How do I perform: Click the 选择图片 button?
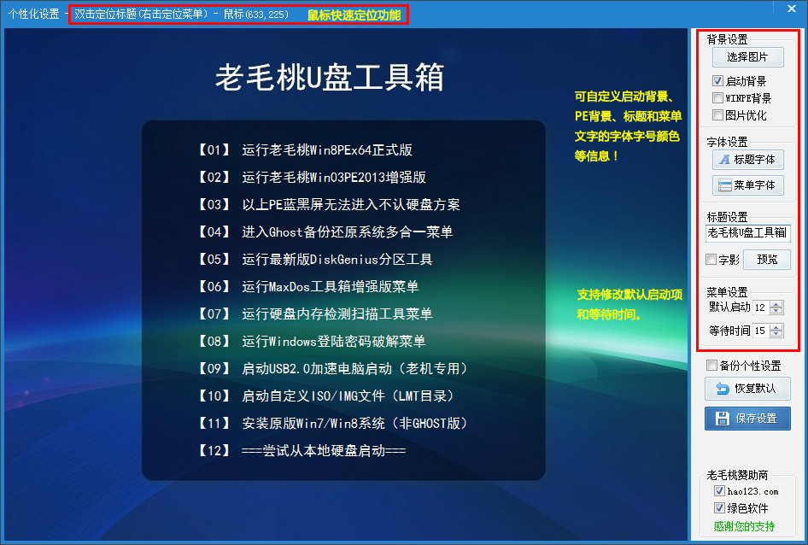click(x=747, y=56)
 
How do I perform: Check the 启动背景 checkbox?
click(x=717, y=81)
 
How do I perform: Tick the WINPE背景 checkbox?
click(x=717, y=98)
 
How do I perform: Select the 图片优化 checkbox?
click(x=717, y=115)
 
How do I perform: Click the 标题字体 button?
click(x=747, y=160)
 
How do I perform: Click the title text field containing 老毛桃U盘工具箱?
click(x=747, y=233)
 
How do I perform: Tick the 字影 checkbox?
click(x=711, y=259)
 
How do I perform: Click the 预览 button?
click(x=767, y=260)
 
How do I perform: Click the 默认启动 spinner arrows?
click(x=776, y=308)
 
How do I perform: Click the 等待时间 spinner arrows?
click(x=776, y=331)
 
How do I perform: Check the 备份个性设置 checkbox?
click(x=711, y=366)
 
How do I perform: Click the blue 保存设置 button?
click(x=747, y=419)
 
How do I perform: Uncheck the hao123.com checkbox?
click(x=719, y=491)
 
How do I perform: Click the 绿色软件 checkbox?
click(x=719, y=508)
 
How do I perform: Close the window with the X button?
click(x=792, y=9)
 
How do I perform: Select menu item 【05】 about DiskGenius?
click(x=315, y=259)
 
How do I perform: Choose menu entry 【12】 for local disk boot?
click(x=302, y=451)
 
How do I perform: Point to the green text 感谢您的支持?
click(x=744, y=526)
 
